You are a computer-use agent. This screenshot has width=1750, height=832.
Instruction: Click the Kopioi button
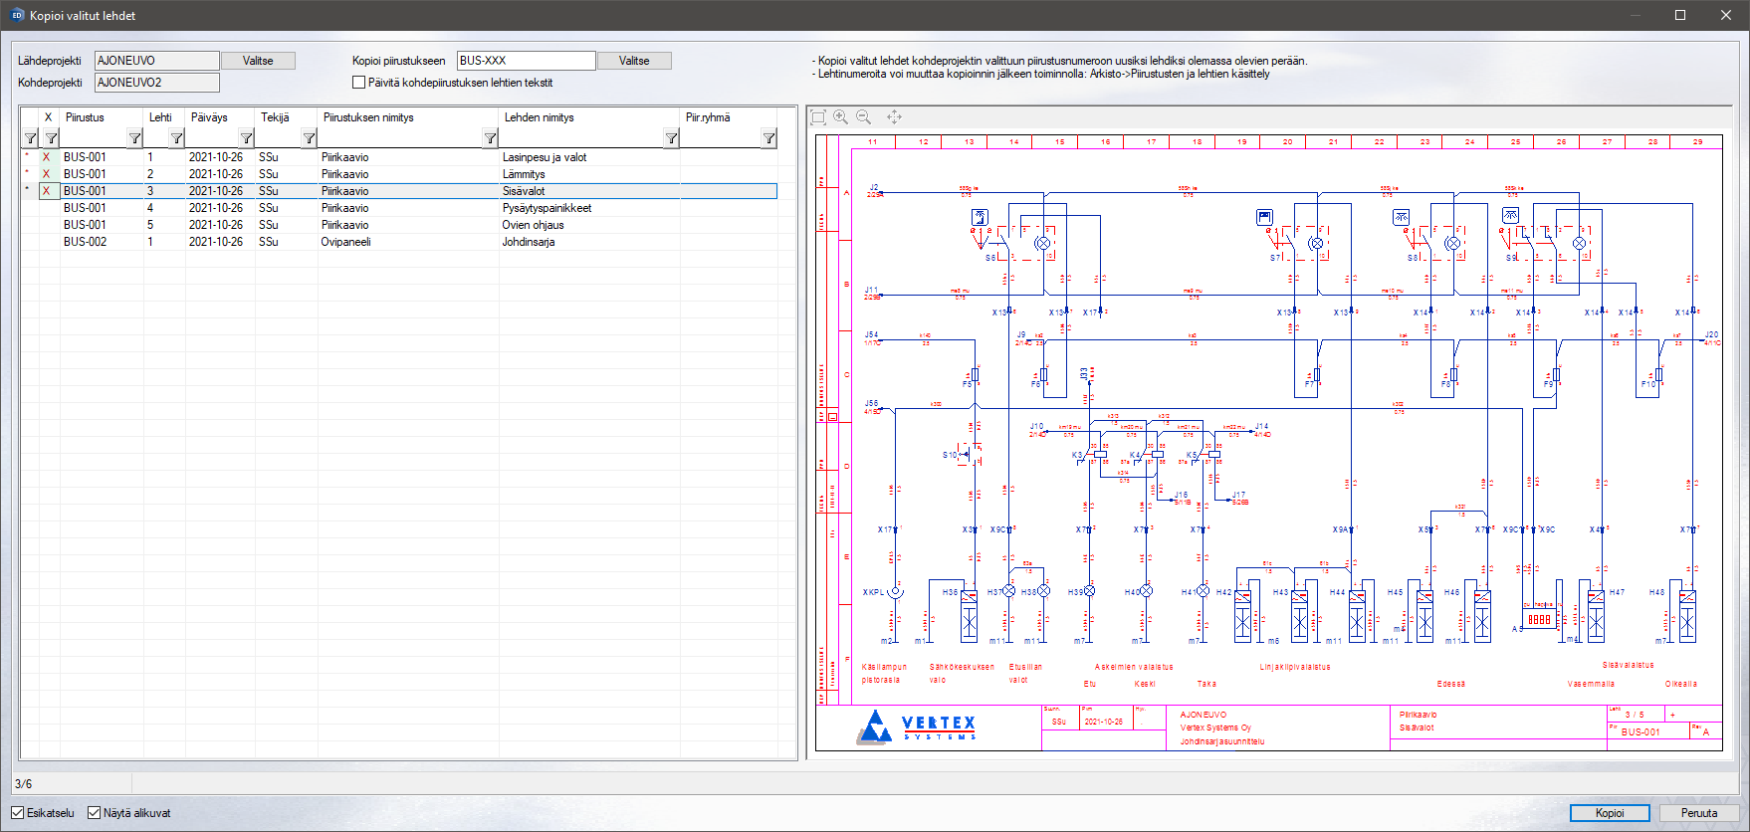1609,813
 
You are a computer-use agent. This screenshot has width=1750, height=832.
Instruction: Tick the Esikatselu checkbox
18,813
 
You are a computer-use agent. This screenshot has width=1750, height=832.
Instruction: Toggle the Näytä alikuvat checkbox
95,813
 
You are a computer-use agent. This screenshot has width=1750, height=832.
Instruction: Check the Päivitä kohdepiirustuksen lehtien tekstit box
359,83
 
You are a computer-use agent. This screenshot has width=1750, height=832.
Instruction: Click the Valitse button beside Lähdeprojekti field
258,61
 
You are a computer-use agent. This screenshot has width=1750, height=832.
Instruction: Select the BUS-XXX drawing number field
526,61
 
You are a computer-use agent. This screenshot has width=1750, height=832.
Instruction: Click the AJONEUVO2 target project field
156,83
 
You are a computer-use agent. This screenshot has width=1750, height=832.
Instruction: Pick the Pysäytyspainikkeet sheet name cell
547,208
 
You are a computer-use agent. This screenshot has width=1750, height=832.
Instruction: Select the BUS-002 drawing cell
85,242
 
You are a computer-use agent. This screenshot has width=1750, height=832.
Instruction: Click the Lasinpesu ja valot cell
545,157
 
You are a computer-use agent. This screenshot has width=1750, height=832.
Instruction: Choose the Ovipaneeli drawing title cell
345,242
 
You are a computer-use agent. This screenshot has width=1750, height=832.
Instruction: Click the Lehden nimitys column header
540,117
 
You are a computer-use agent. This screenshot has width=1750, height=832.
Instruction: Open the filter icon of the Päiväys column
246,138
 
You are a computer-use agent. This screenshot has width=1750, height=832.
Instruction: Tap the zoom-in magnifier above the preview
841,117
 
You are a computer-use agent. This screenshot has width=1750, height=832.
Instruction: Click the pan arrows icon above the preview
894,117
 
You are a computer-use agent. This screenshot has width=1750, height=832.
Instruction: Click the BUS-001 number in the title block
1641,732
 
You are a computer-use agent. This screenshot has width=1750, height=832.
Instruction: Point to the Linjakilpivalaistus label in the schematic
1295,667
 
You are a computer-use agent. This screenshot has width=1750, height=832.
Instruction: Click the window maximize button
1680,15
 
